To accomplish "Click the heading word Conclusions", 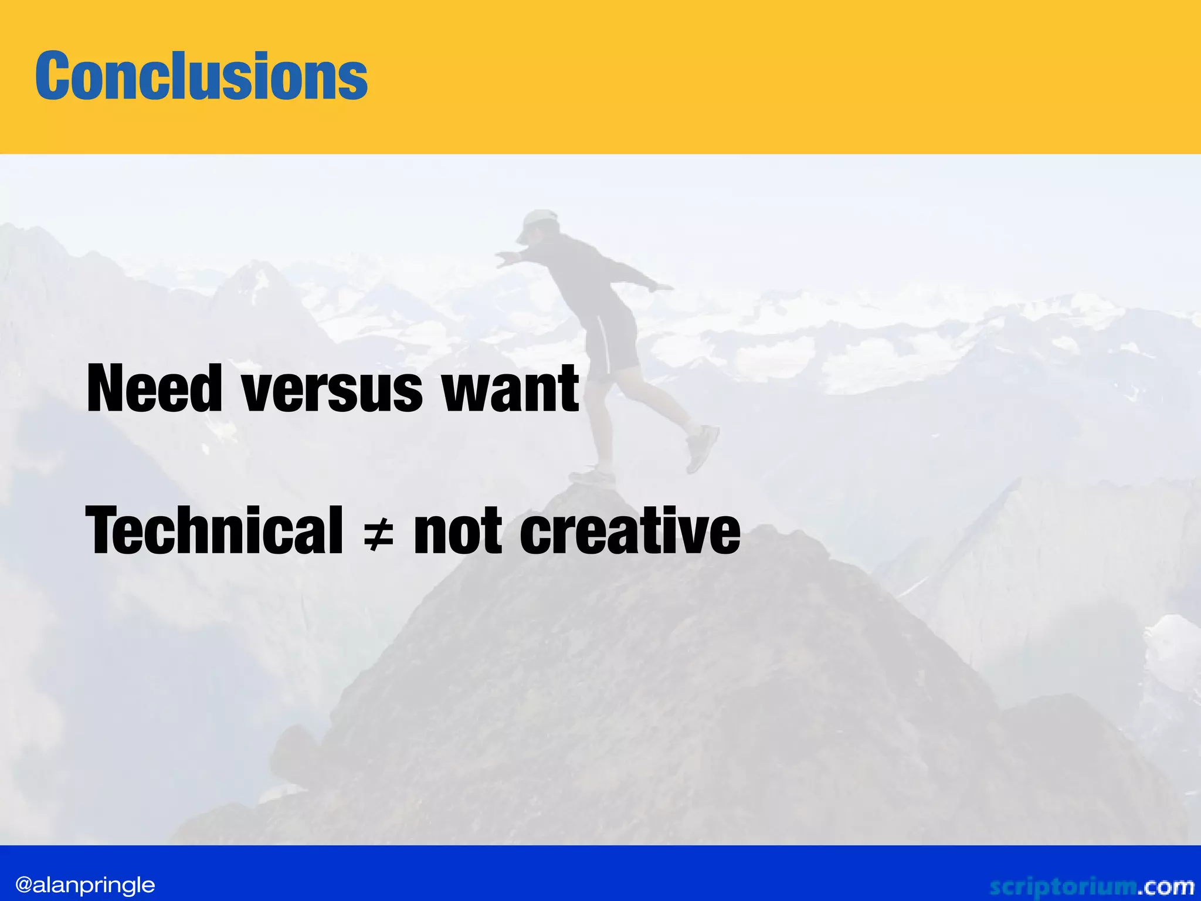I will click(201, 76).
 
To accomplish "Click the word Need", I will click(154, 388).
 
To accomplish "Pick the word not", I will click(458, 531).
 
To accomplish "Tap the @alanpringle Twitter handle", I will click(85, 885).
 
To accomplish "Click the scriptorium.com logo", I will click(1091, 886).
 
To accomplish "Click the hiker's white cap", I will click(537, 223).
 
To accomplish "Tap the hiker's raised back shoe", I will click(703, 448).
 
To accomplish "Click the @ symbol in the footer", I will click(23, 885).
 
